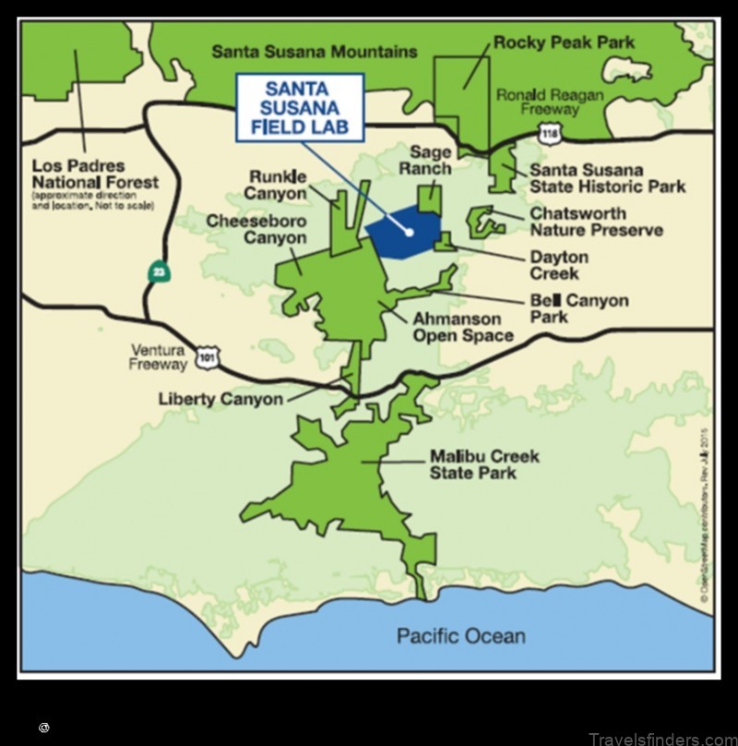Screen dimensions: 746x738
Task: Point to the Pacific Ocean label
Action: pos(461,635)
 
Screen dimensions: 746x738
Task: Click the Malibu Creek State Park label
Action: pos(484,465)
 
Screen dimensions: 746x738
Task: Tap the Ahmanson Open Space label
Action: pos(462,327)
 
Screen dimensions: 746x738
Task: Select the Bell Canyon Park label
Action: pos(578,308)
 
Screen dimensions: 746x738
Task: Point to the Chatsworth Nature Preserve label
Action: pos(596,222)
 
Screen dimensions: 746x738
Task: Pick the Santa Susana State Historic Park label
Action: pos(607,178)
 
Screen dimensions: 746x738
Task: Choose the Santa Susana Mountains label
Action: pos(314,52)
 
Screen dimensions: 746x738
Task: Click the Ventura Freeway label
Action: pos(158,356)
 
